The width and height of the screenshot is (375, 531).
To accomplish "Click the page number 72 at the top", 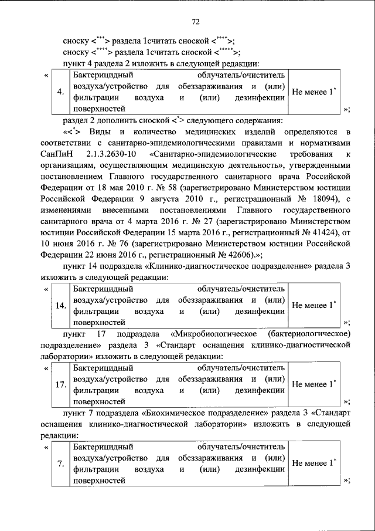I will coord(196,22).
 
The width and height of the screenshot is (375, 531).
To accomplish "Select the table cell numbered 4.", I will coord(60,92).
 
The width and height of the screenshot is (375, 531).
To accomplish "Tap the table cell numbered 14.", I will coord(60,305).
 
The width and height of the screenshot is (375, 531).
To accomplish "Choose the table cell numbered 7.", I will coord(60,464).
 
